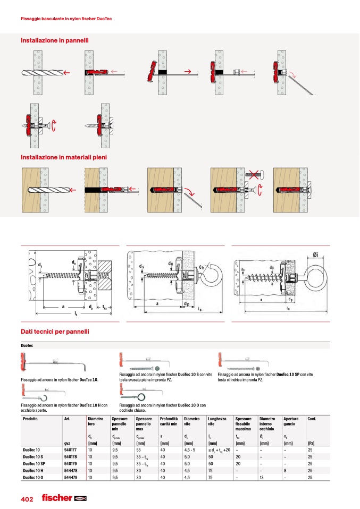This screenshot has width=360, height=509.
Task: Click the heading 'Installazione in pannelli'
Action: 54,40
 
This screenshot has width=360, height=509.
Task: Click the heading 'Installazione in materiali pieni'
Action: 63,157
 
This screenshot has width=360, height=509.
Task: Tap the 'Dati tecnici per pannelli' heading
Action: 54,332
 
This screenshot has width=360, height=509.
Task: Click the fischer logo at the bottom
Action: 64,498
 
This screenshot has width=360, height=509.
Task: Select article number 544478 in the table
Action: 71,469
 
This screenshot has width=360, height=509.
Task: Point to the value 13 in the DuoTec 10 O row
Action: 261,476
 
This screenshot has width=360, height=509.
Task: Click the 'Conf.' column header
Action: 312,419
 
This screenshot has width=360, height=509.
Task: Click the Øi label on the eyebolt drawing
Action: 315,254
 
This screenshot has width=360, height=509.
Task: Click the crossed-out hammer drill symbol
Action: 253,174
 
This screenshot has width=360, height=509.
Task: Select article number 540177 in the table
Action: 71,449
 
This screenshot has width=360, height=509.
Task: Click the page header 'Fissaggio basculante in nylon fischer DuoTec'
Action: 65,19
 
